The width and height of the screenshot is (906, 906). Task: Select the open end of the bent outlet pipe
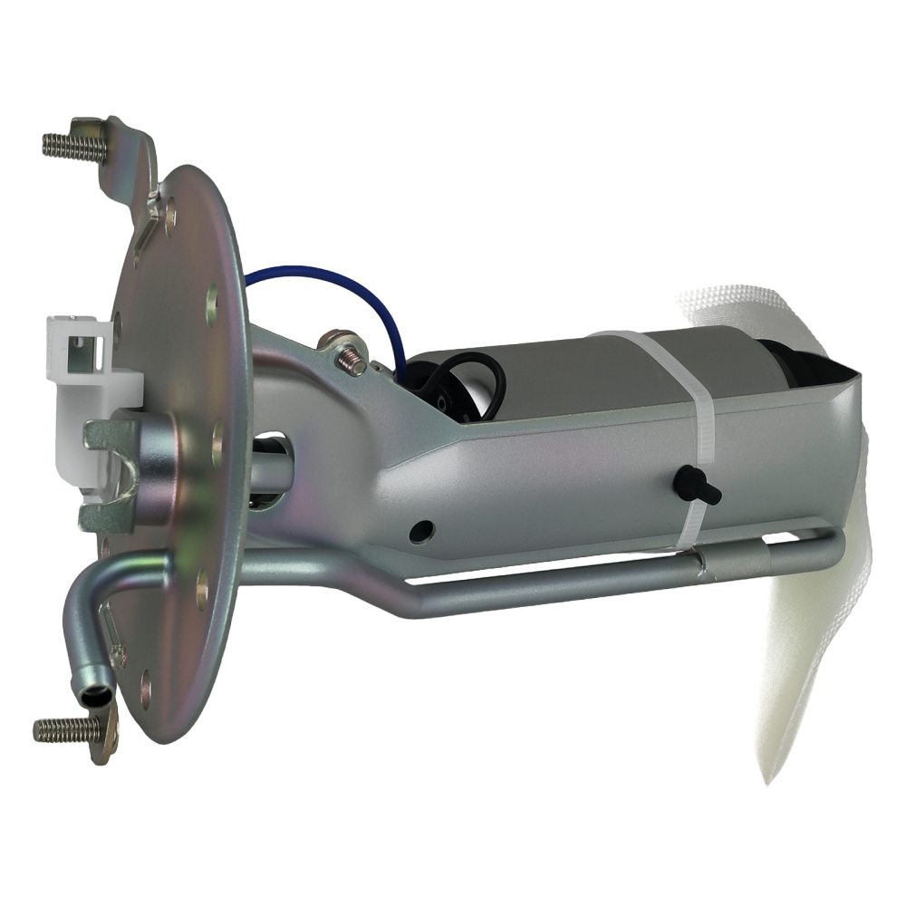[x=96, y=697]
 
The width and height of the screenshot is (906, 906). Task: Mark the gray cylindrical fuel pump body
[x=580, y=371]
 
